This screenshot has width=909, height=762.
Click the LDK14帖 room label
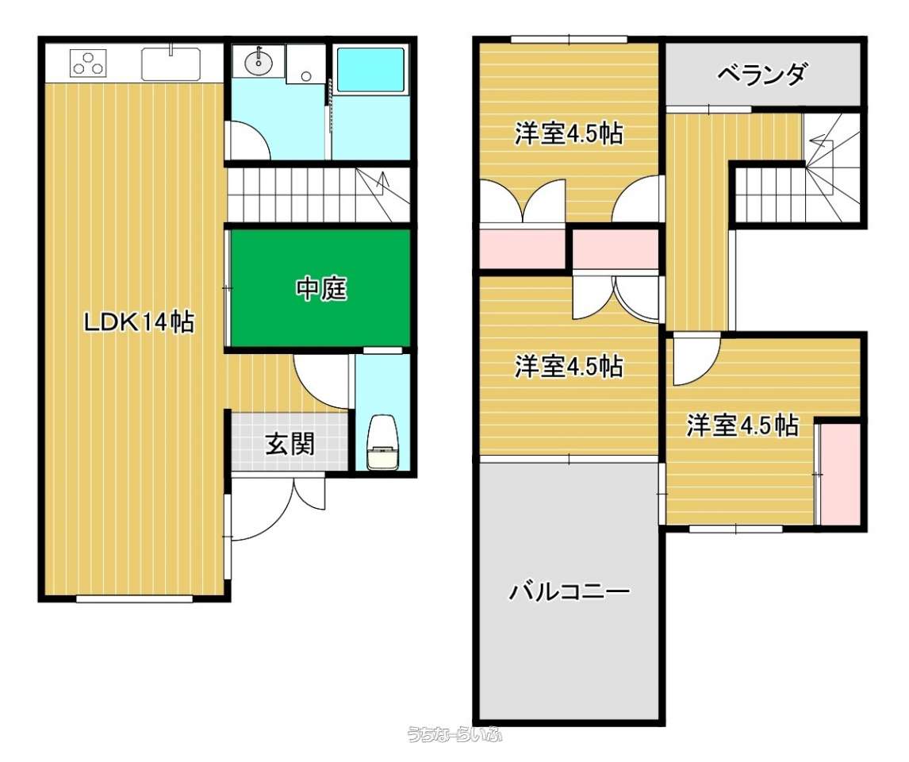point(139,321)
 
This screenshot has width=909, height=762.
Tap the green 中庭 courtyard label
point(321,288)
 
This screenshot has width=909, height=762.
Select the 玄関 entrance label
point(290,444)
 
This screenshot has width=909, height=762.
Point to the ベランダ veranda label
point(761,75)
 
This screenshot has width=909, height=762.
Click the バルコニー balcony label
point(569,591)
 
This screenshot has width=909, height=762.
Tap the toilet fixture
point(382,442)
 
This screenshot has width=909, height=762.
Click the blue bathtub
point(371,70)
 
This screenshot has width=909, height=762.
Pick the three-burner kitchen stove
point(89,63)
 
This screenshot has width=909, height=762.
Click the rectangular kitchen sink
point(171,63)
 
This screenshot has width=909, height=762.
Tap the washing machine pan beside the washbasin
point(305,63)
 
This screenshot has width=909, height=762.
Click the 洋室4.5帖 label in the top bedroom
point(569,134)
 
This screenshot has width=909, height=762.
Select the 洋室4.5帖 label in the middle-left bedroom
point(569,366)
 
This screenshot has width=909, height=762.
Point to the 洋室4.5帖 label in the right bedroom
point(742,425)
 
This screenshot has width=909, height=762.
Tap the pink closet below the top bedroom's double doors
point(523,248)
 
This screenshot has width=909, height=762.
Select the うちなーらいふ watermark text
point(454,734)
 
